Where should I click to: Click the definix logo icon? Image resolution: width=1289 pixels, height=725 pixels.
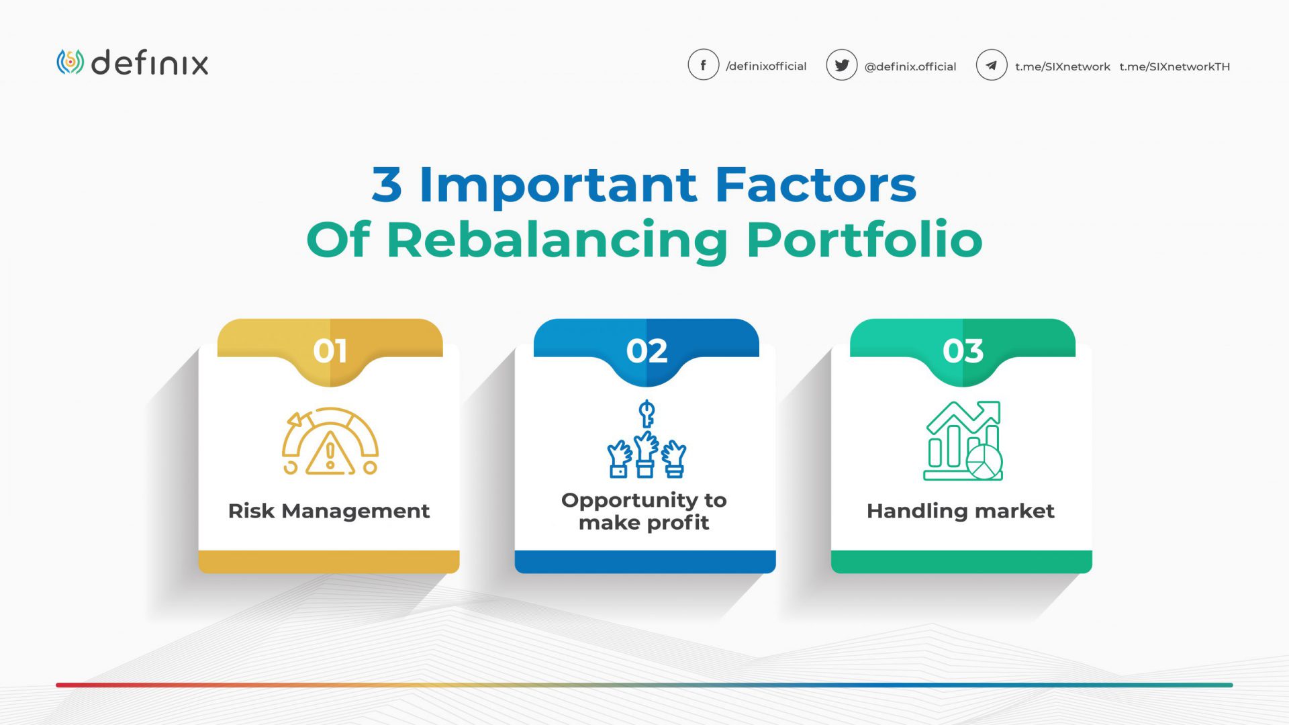point(70,62)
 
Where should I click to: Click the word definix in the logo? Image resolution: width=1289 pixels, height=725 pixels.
point(150,63)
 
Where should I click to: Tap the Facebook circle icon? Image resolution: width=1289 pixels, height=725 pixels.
point(703,65)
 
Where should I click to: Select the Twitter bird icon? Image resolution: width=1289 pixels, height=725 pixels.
point(841,65)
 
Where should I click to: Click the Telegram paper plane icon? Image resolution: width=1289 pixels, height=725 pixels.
point(991,65)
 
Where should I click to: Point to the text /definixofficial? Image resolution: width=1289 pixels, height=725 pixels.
point(766,66)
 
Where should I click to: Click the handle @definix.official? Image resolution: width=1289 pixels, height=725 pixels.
point(910,66)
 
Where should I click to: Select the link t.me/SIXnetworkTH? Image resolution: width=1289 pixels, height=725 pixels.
point(1174,66)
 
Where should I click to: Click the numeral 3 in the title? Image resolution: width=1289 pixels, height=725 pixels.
point(387,185)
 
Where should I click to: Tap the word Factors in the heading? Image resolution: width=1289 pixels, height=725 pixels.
point(815,185)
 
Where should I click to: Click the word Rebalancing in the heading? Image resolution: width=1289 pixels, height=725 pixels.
point(557,240)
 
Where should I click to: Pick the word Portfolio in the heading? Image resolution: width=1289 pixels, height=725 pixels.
point(864,240)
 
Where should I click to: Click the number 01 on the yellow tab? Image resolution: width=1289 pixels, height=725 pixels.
point(330,351)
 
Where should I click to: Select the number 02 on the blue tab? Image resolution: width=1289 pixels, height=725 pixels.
point(647,351)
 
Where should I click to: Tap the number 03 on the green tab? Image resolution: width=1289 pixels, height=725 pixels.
point(963,351)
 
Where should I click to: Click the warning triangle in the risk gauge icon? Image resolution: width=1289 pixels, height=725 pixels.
point(330,455)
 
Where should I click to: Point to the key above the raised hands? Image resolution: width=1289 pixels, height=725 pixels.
point(646,413)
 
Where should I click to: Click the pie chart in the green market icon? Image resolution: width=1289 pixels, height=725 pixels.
point(984,462)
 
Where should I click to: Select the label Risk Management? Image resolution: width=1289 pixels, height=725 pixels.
point(328,511)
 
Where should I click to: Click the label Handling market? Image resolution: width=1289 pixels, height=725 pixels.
point(960,511)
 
